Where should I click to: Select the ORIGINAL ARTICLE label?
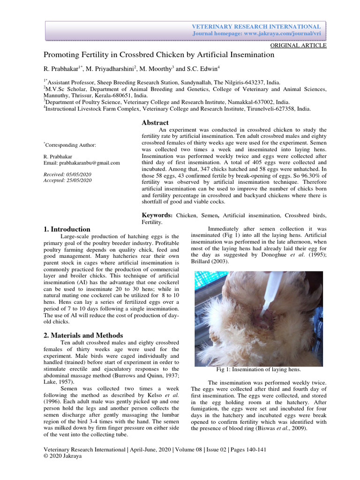pyautogui.click(x=299, y=45)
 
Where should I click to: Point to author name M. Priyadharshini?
pyautogui.click(x=111, y=68)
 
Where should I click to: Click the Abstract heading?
pyautogui.click(x=155, y=122)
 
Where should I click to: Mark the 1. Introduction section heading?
pyautogui.click(x=67, y=229)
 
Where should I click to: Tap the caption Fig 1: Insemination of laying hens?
pyautogui.click(x=259, y=369)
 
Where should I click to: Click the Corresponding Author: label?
pyautogui.click(x=70, y=145)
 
